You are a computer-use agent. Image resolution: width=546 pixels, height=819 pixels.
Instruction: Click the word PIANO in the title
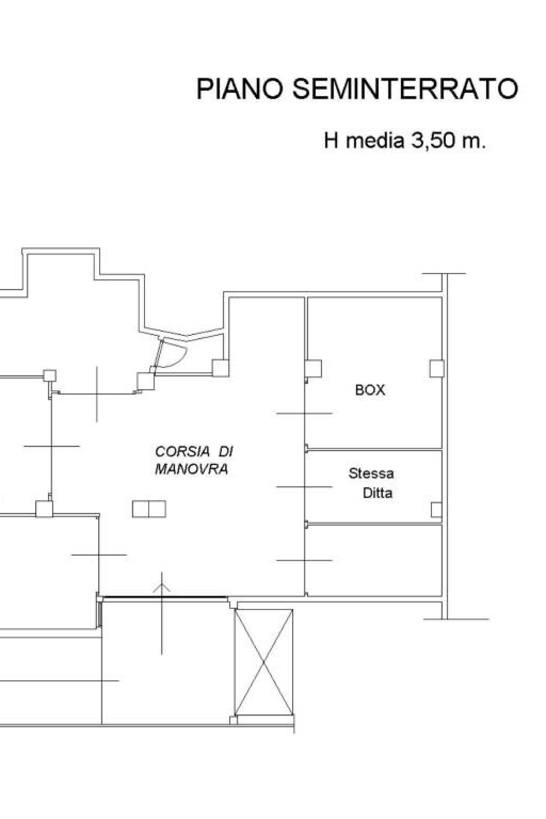point(240,89)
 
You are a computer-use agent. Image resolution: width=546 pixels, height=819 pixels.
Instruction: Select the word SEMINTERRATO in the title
point(405,89)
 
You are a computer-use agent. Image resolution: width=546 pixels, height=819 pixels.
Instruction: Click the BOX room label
point(370,390)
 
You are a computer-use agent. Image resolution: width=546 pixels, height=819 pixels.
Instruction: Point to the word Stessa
point(371,473)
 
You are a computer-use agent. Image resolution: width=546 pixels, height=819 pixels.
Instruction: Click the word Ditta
point(378,493)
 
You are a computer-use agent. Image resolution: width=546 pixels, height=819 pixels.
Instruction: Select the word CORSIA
point(182,452)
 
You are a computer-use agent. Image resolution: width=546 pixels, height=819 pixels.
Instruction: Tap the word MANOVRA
point(191,469)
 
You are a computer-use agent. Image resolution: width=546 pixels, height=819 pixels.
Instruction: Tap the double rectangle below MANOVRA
point(149,509)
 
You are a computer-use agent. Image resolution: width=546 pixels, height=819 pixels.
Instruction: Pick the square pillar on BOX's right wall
point(436,368)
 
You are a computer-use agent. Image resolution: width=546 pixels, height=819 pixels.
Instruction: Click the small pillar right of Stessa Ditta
point(436,510)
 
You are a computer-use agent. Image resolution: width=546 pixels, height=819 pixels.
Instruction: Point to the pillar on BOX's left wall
point(314,368)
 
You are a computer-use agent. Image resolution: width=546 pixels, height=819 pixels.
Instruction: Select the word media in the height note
point(374,140)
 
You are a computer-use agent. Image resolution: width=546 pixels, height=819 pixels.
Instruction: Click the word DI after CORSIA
point(226,452)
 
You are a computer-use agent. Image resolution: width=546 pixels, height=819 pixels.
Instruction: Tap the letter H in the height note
point(331,140)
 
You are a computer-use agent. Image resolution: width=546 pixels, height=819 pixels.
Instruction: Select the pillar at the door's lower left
point(146,381)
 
